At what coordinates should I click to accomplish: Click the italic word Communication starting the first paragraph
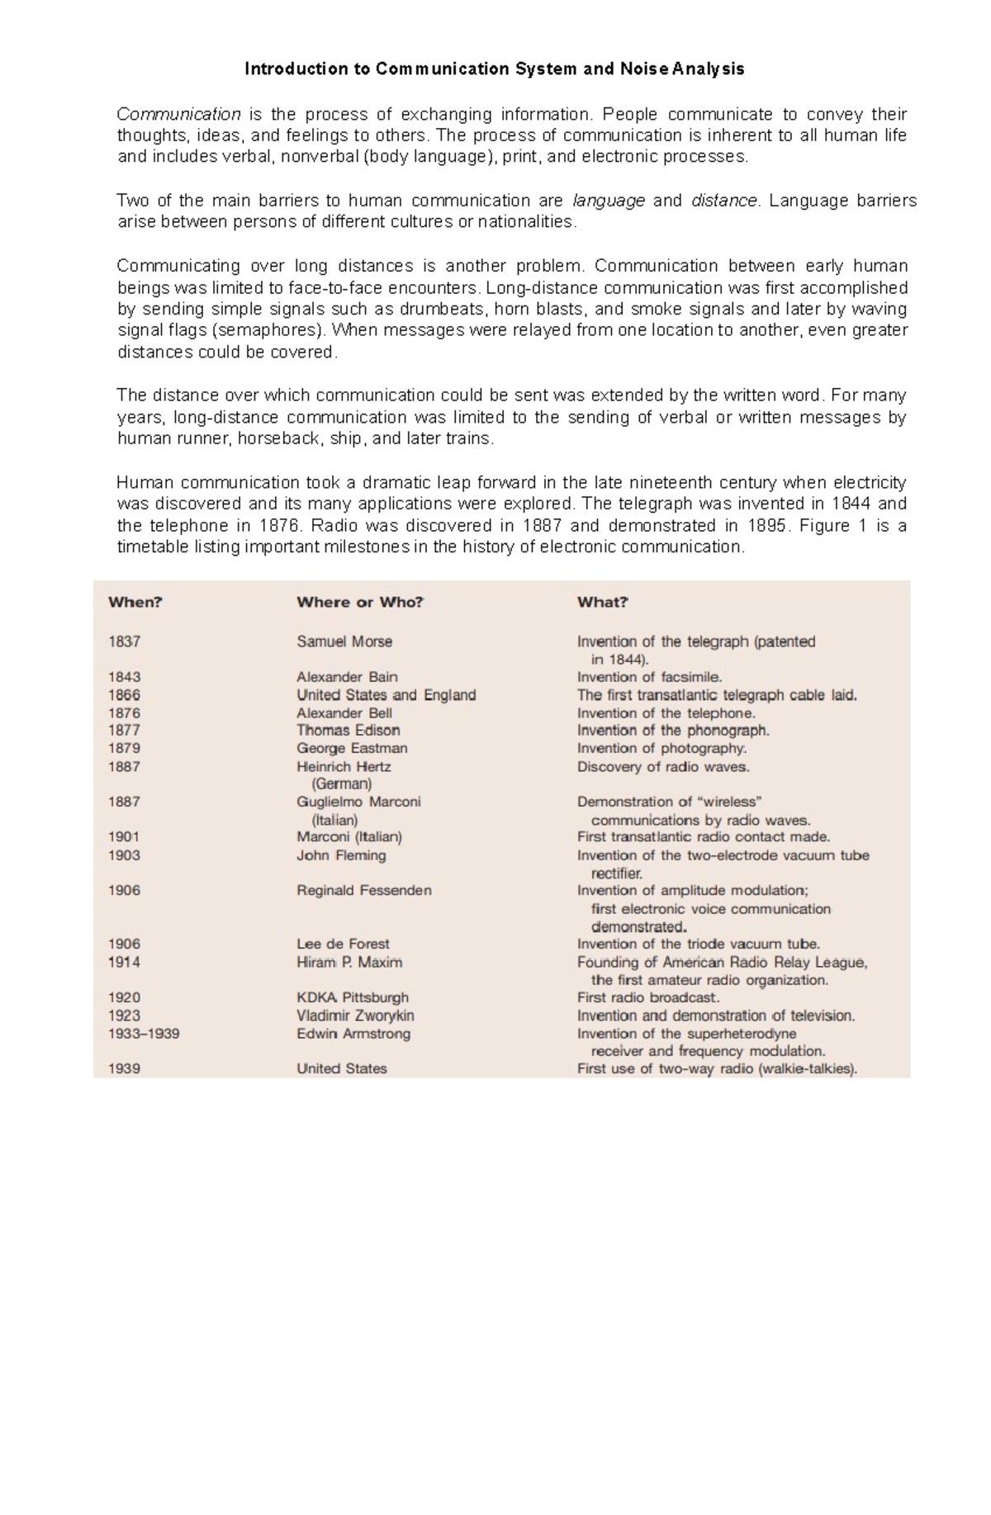pyautogui.click(x=178, y=114)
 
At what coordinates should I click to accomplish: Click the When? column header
pyautogui.click(x=135, y=603)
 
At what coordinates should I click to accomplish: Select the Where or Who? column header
pyautogui.click(x=360, y=603)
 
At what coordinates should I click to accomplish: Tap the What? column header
pyautogui.click(x=603, y=603)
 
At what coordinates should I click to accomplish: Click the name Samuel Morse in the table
pyautogui.click(x=344, y=642)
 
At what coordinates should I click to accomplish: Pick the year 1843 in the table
pyautogui.click(x=124, y=677)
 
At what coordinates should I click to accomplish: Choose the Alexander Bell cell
pyautogui.click(x=344, y=713)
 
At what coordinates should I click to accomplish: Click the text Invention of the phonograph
pyautogui.click(x=673, y=731)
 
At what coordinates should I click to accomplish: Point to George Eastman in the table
pyautogui.click(x=352, y=749)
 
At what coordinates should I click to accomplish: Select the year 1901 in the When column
pyautogui.click(x=124, y=837)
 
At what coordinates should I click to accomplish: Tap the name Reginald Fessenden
pyautogui.click(x=364, y=891)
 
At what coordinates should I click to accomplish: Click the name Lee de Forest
pyautogui.click(x=343, y=945)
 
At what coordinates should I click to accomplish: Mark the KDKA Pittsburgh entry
pyautogui.click(x=353, y=998)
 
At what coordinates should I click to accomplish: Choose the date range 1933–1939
pyautogui.click(x=144, y=1034)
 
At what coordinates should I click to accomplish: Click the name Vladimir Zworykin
pyautogui.click(x=355, y=1016)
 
